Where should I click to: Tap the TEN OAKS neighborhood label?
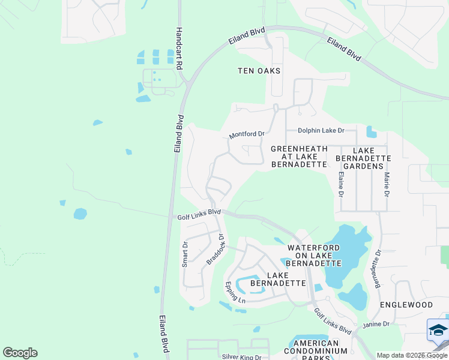pos(259,71)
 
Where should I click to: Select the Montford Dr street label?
pos(247,134)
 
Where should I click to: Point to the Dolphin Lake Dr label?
pos(321,130)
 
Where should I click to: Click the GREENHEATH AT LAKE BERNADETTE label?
pos(299,156)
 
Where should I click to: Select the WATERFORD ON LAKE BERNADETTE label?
pos(313,255)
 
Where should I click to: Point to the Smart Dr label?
pos(185,254)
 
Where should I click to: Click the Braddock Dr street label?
pos(215,249)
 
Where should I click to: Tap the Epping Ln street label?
pos(235,292)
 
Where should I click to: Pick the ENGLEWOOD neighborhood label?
pos(406,305)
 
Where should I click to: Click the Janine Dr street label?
pos(376,324)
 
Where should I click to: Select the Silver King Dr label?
pos(242,357)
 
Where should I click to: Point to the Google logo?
pos(20,353)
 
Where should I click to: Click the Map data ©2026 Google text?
pos(411,355)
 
